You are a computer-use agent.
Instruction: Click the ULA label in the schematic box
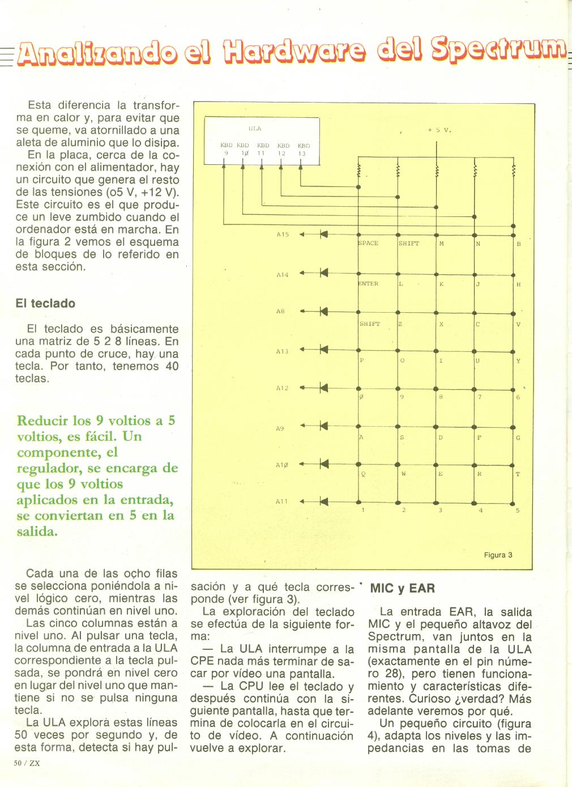pos(255,129)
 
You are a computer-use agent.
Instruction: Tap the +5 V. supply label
pos(439,130)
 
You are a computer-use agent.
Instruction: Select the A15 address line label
pos(282,234)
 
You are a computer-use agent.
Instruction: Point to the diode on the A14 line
pos(324,273)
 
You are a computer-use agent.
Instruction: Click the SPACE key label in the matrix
pos(369,243)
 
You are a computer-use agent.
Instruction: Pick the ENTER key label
pos(369,284)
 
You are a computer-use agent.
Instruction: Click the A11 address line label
pos(281,501)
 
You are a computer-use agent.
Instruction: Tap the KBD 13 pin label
pos(304,150)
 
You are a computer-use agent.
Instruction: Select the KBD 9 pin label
pos(226,150)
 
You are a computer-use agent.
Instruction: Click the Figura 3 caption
pos(498,555)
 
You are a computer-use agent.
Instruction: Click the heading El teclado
pos(45,303)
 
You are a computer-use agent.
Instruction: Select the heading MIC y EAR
pos(402,588)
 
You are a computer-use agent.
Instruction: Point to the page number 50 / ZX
pos(27,763)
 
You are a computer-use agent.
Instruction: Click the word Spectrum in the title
pos(499,54)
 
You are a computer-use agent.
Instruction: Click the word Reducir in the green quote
pos(42,420)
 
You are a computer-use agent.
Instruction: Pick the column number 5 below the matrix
pos(518,511)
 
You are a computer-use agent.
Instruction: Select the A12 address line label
pos(282,388)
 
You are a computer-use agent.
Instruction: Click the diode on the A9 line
pos(324,426)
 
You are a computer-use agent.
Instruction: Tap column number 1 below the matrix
pos(363,511)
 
